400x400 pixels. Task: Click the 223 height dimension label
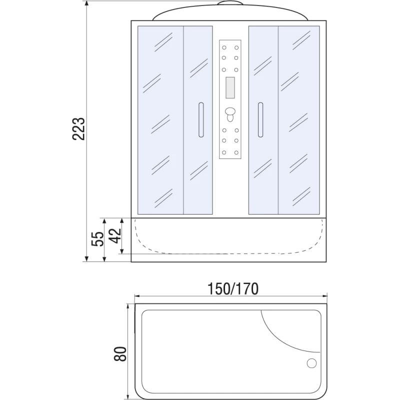coord(78,129)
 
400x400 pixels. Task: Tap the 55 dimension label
coord(97,239)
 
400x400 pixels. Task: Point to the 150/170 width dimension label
coord(232,289)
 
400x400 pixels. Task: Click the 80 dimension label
coord(120,354)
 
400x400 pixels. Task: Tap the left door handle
coord(201,120)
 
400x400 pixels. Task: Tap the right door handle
coord(260,120)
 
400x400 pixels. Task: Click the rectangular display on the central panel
coord(230,87)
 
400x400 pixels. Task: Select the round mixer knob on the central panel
coord(230,111)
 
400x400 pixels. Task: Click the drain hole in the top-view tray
coord(311,363)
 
